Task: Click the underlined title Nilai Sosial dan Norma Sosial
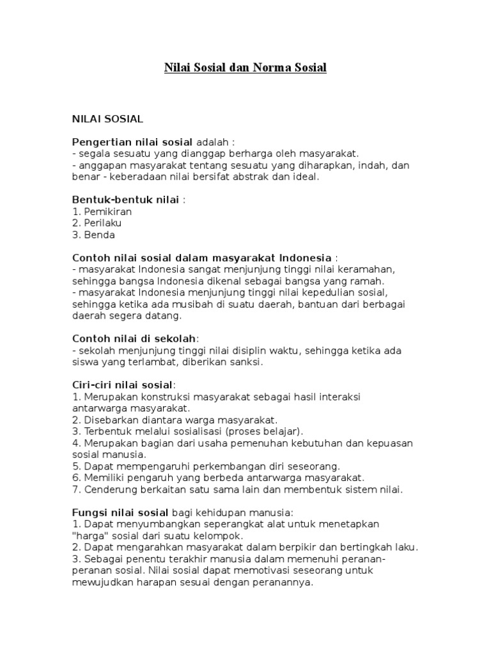pyautogui.click(x=245, y=67)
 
